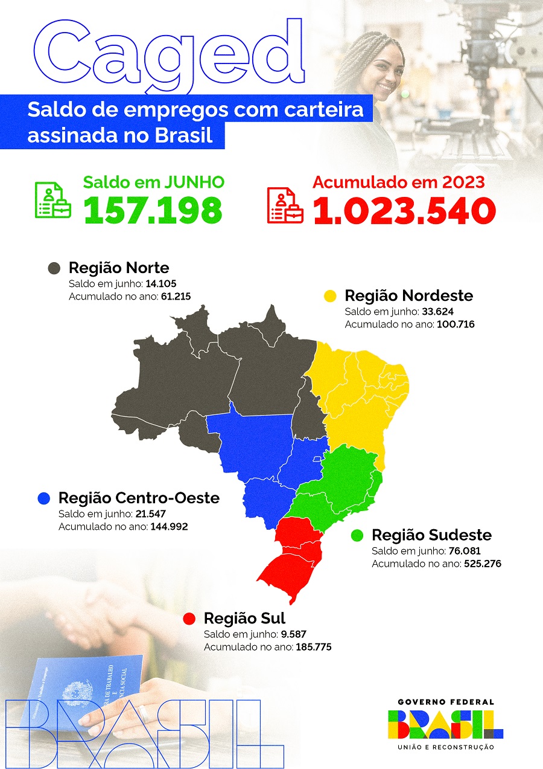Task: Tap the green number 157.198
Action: pyautogui.click(x=153, y=210)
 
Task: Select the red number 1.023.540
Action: pyautogui.click(x=404, y=210)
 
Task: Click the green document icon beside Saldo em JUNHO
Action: pyautogui.click(x=52, y=200)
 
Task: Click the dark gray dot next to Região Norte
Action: pyautogui.click(x=54, y=268)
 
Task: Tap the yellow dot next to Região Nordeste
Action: pyautogui.click(x=330, y=296)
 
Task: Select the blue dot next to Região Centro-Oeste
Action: pyautogui.click(x=43, y=498)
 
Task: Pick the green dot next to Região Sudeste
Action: pyautogui.click(x=357, y=535)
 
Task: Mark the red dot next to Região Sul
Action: pyautogui.click(x=189, y=619)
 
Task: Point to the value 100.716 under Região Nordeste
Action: pyautogui.click(x=457, y=324)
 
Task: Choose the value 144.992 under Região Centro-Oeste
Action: pyautogui.click(x=171, y=527)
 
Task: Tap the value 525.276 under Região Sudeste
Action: pyautogui.click(x=482, y=564)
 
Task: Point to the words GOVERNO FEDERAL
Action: pyautogui.click(x=446, y=702)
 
